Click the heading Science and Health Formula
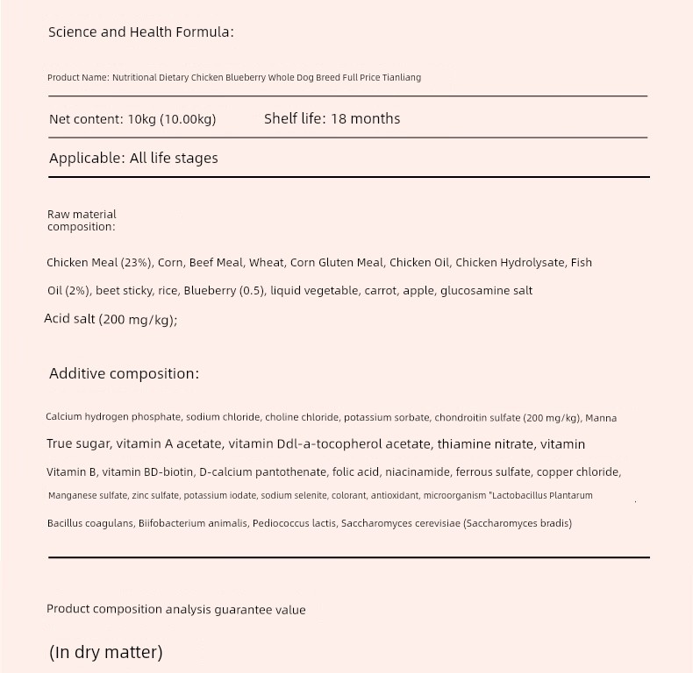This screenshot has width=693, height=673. tap(140, 32)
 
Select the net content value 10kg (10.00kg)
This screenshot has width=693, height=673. tap(171, 119)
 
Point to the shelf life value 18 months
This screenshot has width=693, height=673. tap(365, 118)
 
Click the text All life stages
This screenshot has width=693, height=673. tap(174, 159)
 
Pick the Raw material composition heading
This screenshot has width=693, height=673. tap(82, 220)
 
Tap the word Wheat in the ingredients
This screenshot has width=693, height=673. tap(267, 263)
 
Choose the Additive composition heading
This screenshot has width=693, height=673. tap(124, 374)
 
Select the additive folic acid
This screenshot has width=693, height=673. tap(353, 472)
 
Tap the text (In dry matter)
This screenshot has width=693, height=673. tap(106, 653)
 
